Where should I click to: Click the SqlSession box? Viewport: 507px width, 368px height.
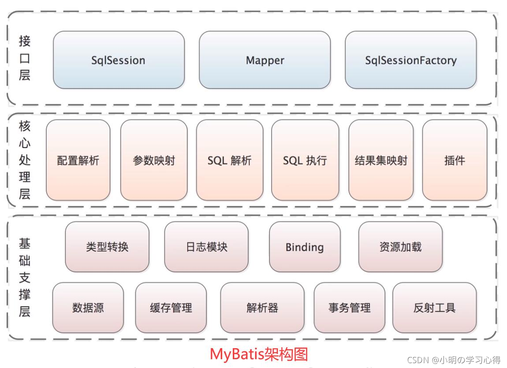point(119,60)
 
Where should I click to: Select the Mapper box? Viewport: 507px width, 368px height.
point(265,60)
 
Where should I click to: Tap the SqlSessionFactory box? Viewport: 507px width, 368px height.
point(410,60)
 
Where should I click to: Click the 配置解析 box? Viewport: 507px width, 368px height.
point(78,160)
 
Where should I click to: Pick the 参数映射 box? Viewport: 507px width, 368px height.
point(154,160)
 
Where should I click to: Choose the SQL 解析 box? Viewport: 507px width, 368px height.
point(229,160)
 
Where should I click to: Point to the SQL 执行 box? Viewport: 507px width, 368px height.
point(305,160)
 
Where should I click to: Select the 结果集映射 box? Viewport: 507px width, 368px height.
point(381,160)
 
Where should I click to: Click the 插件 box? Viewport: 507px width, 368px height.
point(455,160)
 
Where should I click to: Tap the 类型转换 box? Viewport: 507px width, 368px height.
point(107,247)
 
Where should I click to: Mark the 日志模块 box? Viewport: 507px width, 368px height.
point(206,247)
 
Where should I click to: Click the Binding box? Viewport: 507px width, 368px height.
point(305,247)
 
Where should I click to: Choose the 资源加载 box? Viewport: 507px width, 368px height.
point(400,247)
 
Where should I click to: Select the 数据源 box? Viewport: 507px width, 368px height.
point(88,308)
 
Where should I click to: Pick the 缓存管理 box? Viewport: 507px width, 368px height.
point(171,308)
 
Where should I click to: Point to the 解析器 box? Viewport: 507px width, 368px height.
point(262,308)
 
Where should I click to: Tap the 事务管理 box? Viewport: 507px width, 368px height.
point(349,308)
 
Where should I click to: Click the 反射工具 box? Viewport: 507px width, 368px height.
point(434,308)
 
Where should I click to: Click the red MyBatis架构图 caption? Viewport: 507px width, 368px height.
point(259,354)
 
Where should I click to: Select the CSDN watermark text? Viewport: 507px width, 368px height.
point(454,360)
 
